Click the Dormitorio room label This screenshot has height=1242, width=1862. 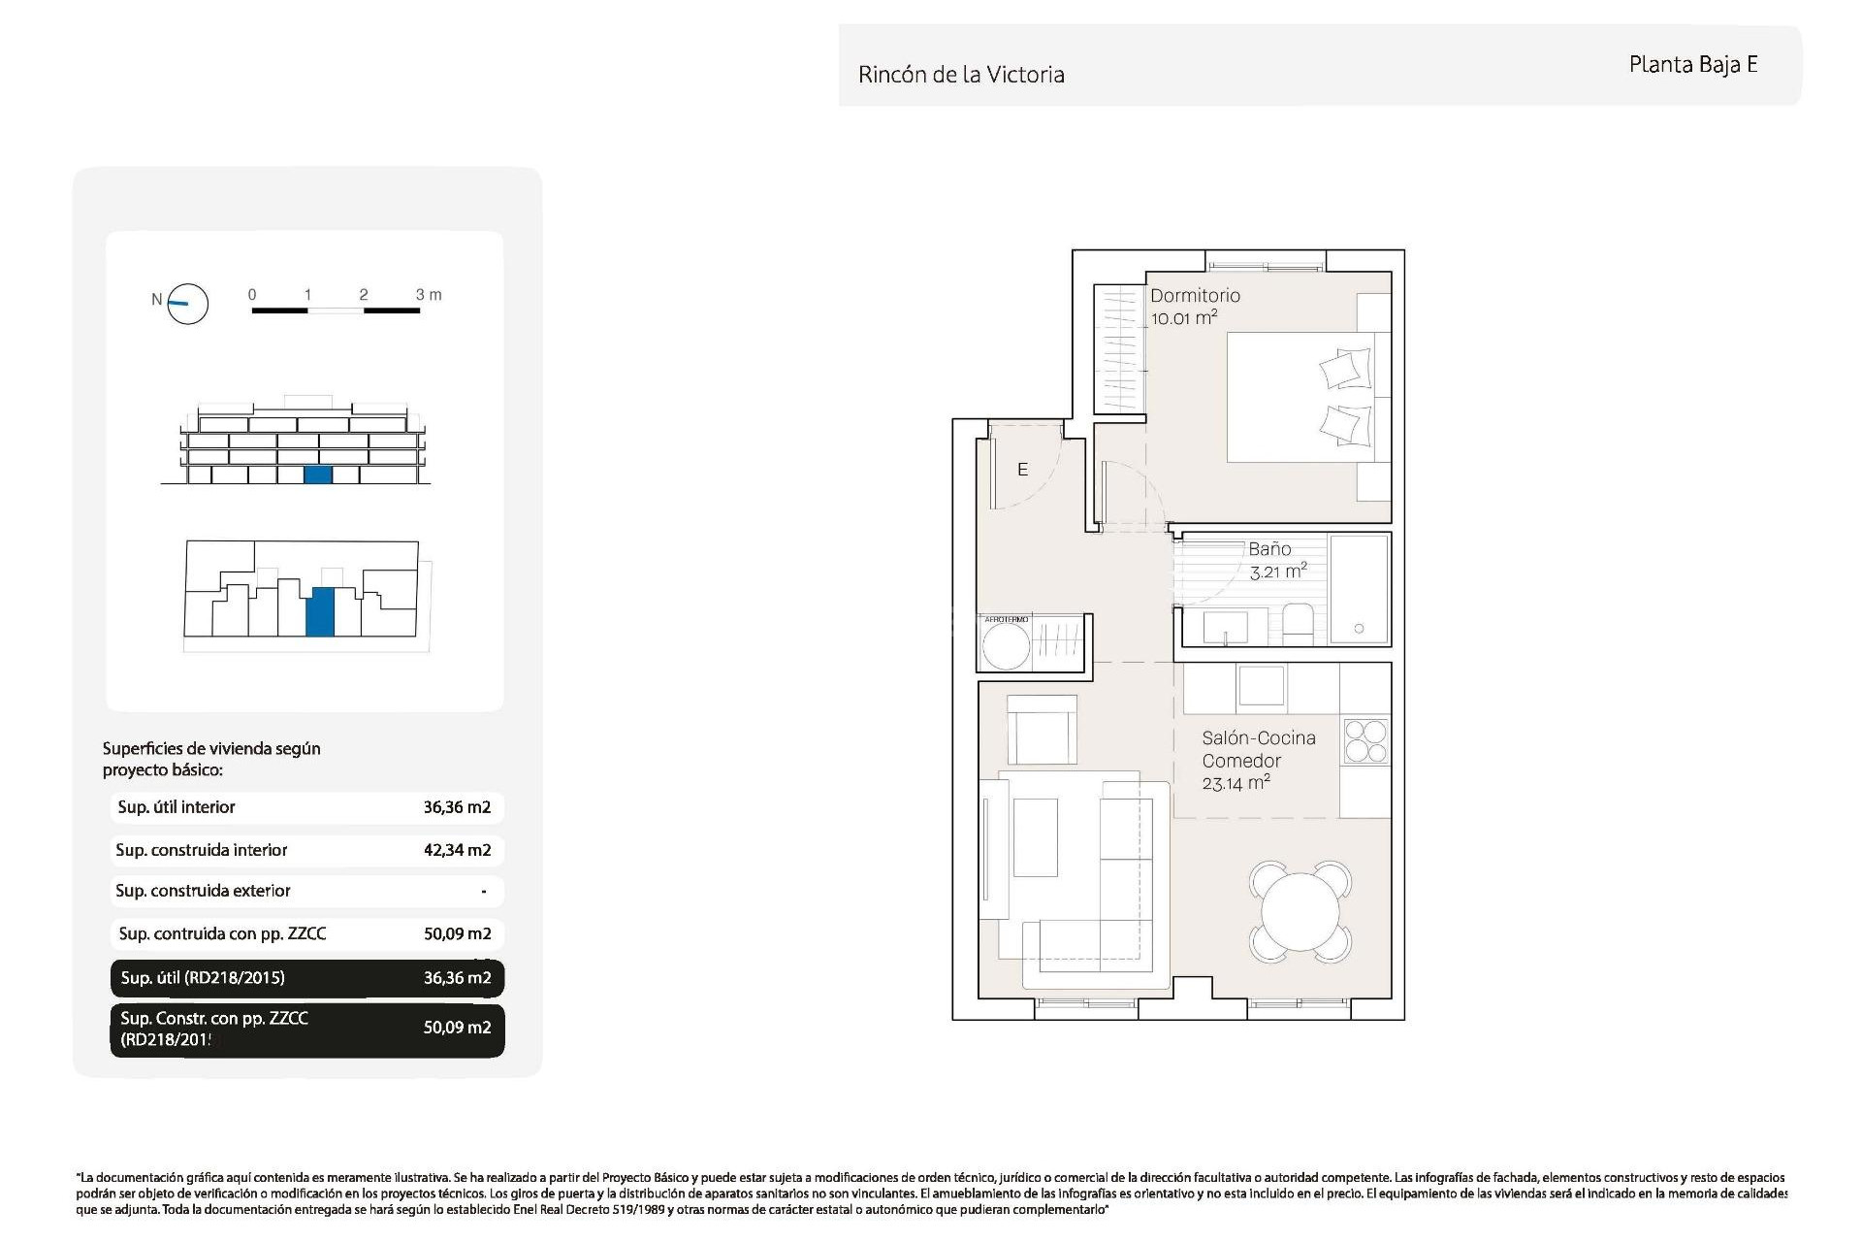click(1195, 296)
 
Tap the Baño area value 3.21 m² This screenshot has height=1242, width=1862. click(1278, 572)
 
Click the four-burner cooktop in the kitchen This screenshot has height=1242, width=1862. click(1365, 741)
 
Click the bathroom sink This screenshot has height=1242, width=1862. click(1226, 627)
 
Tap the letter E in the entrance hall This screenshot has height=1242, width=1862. click(1022, 470)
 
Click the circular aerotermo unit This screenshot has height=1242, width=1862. click(1006, 646)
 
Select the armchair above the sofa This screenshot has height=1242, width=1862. click(1042, 730)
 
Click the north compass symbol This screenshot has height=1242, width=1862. click(187, 304)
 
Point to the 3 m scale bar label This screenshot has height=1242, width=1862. click(428, 294)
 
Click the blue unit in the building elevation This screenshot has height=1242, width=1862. click(317, 474)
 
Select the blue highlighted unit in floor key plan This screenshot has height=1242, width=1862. click(319, 611)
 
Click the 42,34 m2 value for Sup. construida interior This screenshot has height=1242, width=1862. click(457, 850)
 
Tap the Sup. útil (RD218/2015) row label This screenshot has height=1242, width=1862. click(203, 978)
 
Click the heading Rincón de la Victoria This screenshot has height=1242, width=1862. click(961, 75)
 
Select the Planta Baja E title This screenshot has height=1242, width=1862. click(1692, 65)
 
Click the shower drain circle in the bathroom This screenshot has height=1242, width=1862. click(1359, 629)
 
